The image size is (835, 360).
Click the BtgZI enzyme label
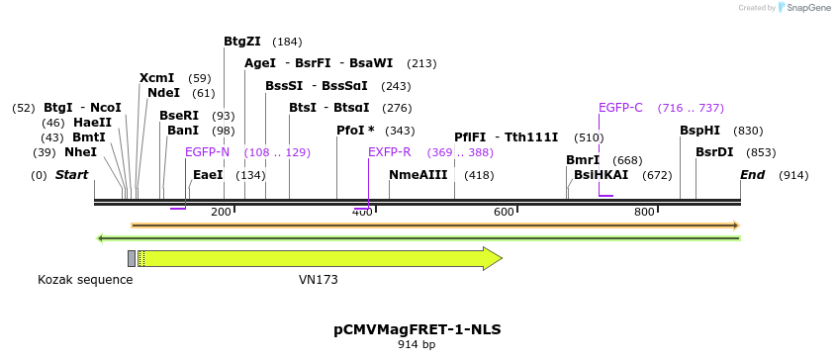click(x=242, y=42)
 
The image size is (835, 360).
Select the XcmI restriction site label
click(x=156, y=78)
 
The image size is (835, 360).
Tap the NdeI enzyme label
click(x=163, y=93)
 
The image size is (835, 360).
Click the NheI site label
click(x=80, y=152)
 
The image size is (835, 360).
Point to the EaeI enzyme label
click(x=208, y=175)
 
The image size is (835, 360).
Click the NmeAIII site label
click(x=418, y=175)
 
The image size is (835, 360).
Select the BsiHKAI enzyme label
click(x=601, y=175)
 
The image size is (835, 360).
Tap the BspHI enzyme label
click(x=699, y=131)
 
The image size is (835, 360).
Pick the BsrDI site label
click(x=714, y=152)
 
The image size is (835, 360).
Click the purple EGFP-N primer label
click(x=207, y=152)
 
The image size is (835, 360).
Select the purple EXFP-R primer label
click(x=389, y=152)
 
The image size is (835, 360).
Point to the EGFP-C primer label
click(x=620, y=108)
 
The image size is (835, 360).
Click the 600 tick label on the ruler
click(x=504, y=212)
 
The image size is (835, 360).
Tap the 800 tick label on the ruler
click(x=645, y=212)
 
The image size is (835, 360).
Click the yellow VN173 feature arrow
click(x=317, y=259)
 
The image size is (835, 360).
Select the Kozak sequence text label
click(x=85, y=280)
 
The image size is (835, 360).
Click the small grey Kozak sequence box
click(x=132, y=259)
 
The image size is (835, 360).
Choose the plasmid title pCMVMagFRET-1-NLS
click(x=417, y=329)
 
